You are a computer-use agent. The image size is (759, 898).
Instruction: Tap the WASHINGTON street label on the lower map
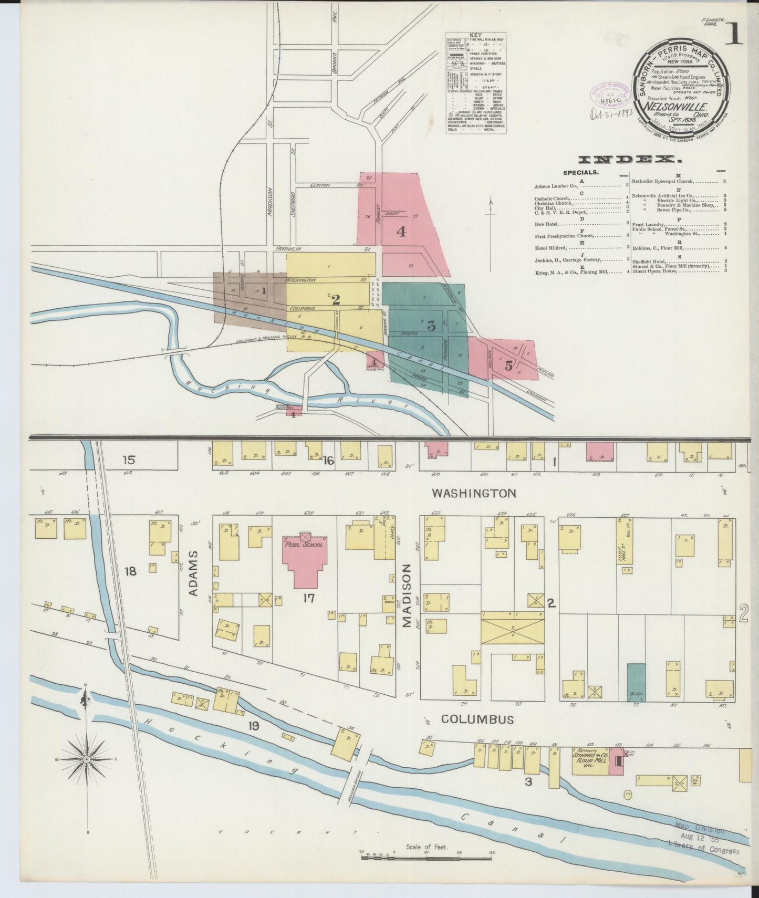(474, 493)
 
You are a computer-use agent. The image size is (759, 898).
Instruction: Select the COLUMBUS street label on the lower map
(477, 719)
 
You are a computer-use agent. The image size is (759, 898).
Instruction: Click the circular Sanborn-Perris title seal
(681, 84)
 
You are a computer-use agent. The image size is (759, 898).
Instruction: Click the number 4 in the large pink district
(401, 231)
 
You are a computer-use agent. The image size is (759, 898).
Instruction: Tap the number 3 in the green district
(431, 326)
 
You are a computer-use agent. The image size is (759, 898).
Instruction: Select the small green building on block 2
(636, 681)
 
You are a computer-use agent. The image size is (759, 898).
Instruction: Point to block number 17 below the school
(308, 598)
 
